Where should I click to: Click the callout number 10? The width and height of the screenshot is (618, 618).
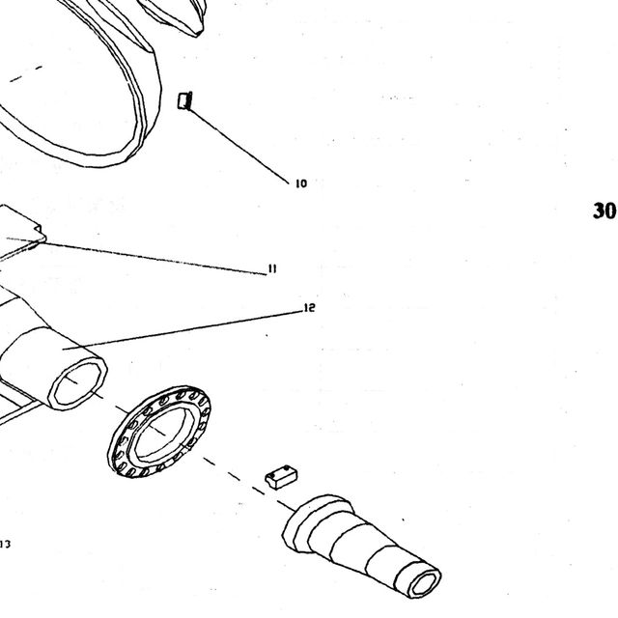tap(300, 183)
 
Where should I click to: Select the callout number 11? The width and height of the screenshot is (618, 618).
tap(272, 268)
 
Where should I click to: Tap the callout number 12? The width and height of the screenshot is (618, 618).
tap(310, 308)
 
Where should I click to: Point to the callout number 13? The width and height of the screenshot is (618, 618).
tap(5, 545)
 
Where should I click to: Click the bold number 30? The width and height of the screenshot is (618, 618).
tap(604, 211)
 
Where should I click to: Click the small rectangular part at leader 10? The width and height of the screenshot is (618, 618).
tap(184, 100)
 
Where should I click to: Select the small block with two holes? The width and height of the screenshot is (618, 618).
tap(281, 476)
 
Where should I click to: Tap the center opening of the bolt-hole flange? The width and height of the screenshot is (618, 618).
tap(164, 432)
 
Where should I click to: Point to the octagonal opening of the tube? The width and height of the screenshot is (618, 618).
tap(78, 384)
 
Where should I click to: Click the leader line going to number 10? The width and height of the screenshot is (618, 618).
tap(239, 145)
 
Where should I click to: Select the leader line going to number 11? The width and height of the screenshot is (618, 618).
tap(136, 255)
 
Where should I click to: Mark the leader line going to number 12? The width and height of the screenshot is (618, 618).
tap(183, 330)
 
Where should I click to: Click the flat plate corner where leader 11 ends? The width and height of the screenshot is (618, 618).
tap(40, 238)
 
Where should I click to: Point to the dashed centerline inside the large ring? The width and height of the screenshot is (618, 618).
tap(26, 73)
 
